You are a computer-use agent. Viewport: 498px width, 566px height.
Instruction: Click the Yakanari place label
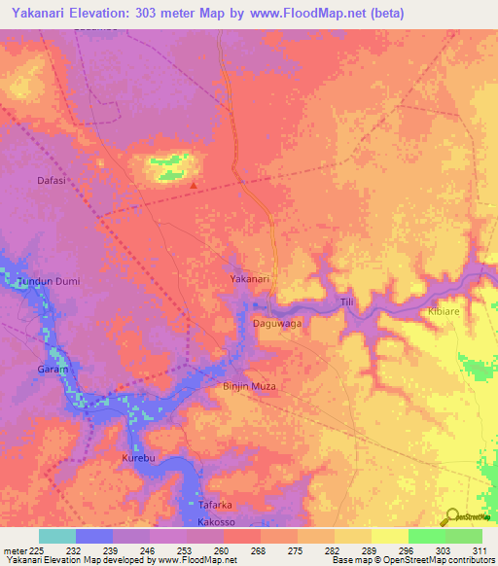click(249, 279)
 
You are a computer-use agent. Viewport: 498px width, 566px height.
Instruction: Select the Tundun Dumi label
click(47, 281)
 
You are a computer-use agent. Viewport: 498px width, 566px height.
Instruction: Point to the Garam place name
click(52, 371)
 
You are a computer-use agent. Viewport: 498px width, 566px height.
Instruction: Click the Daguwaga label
click(278, 322)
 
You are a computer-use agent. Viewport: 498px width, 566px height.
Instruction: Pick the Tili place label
click(346, 303)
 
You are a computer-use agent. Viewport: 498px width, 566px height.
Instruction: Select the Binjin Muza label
click(250, 386)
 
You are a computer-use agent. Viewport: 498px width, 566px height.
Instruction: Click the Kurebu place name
click(138, 456)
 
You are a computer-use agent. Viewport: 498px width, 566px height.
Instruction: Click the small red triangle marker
click(195, 185)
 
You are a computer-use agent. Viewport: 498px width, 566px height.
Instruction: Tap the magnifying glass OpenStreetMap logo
click(450, 516)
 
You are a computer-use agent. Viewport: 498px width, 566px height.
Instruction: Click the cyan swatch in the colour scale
click(57, 536)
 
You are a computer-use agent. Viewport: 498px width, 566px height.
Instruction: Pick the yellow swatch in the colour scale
click(389, 536)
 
